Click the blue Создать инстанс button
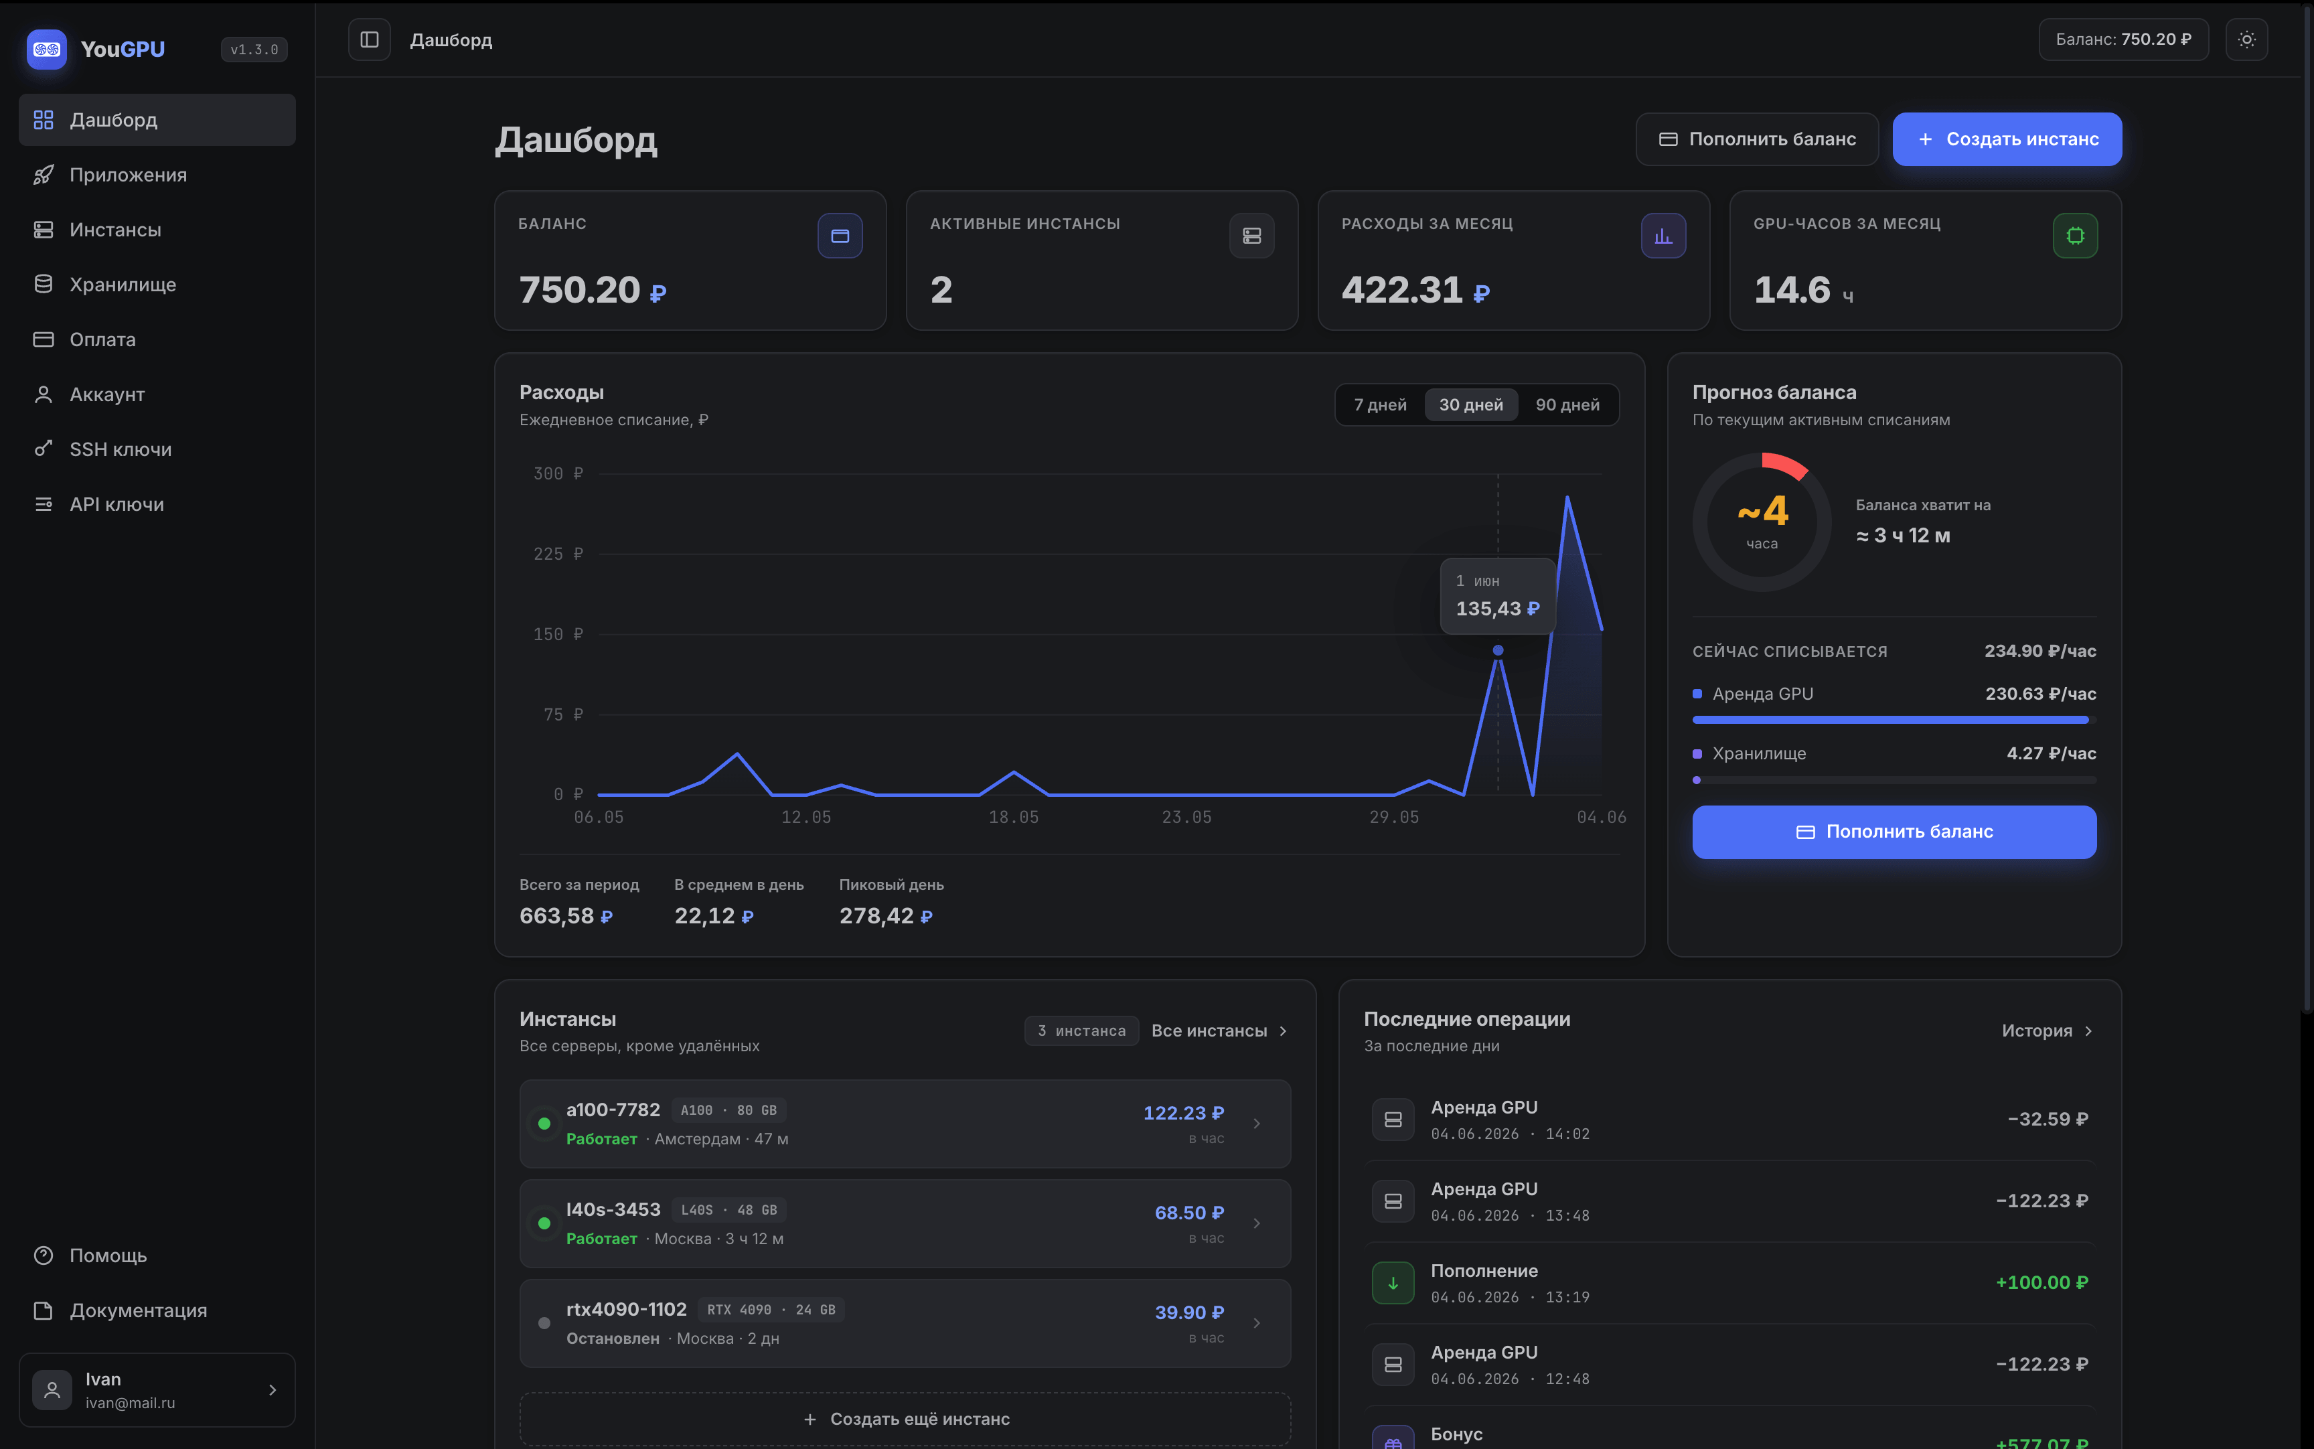pos(2007,139)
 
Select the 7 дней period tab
pos(1380,404)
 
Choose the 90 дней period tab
pos(1567,404)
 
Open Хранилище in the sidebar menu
pos(123,285)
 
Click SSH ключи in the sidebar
pos(121,449)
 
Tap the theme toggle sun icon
pos(2246,40)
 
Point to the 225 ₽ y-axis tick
pos(558,554)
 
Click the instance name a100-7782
pos(613,1110)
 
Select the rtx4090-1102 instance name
pos(627,1309)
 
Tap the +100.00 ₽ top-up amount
pos(2041,1282)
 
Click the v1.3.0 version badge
pos(254,49)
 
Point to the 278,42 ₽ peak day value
pos(885,916)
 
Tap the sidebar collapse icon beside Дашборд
pos(369,40)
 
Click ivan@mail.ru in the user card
pos(131,1403)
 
